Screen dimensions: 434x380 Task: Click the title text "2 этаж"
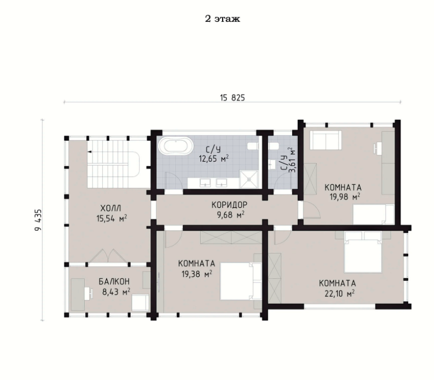pyautogui.click(x=222, y=19)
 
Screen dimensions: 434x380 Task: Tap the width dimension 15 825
pyautogui.click(x=233, y=98)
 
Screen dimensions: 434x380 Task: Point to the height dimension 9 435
pyautogui.click(x=38, y=220)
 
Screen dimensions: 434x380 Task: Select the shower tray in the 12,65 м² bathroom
pyautogui.click(x=249, y=179)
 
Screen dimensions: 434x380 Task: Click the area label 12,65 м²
pyautogui.click(x=213, y=159)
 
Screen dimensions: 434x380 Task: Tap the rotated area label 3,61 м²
pyautogui.click(x=292, y=160)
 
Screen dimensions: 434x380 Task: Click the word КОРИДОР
pyautogui.click(x=230, y=205)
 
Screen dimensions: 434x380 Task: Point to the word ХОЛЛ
pyautogui.click(x=111, y=208)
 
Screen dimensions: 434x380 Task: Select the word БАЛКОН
pyautogui.click(x=114, y=282)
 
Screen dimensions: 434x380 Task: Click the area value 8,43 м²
pyautogui.click(x=116, y=292)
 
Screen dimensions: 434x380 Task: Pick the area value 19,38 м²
pyautogui.click(x=197, y=274)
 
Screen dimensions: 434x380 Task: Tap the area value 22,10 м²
pyautogui.click(x=339, y=293)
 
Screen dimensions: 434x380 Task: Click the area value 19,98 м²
pyautogui.click(x=345, y=197)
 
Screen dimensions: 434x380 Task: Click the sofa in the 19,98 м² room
pyautogui.click(x=325, y=140)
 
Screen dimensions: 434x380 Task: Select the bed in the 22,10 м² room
pyautogui.click(x=363, y=252)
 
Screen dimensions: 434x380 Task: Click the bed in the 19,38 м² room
pyautogui.click(x=241, y=281)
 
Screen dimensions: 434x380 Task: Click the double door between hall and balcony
pyautogui.click(x=108, y=256)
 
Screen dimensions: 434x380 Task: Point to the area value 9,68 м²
pyautogui.click(x=231, y=215)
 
